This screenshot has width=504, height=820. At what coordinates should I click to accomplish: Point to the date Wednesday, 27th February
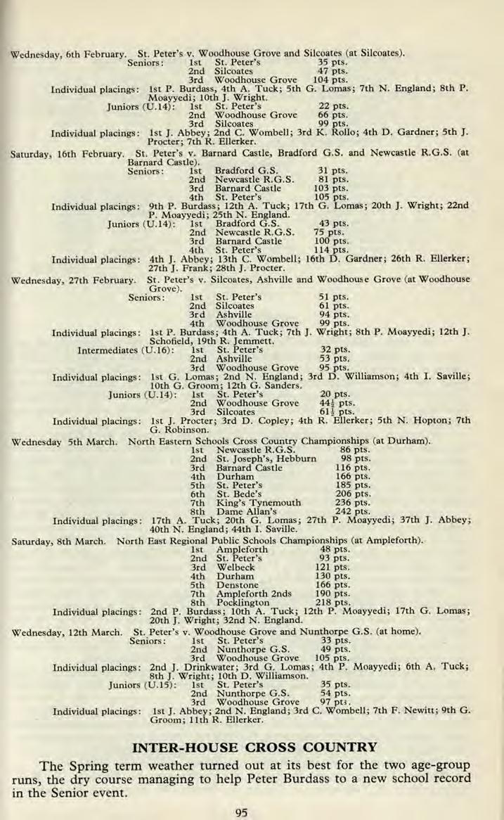[x=72, y=279]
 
